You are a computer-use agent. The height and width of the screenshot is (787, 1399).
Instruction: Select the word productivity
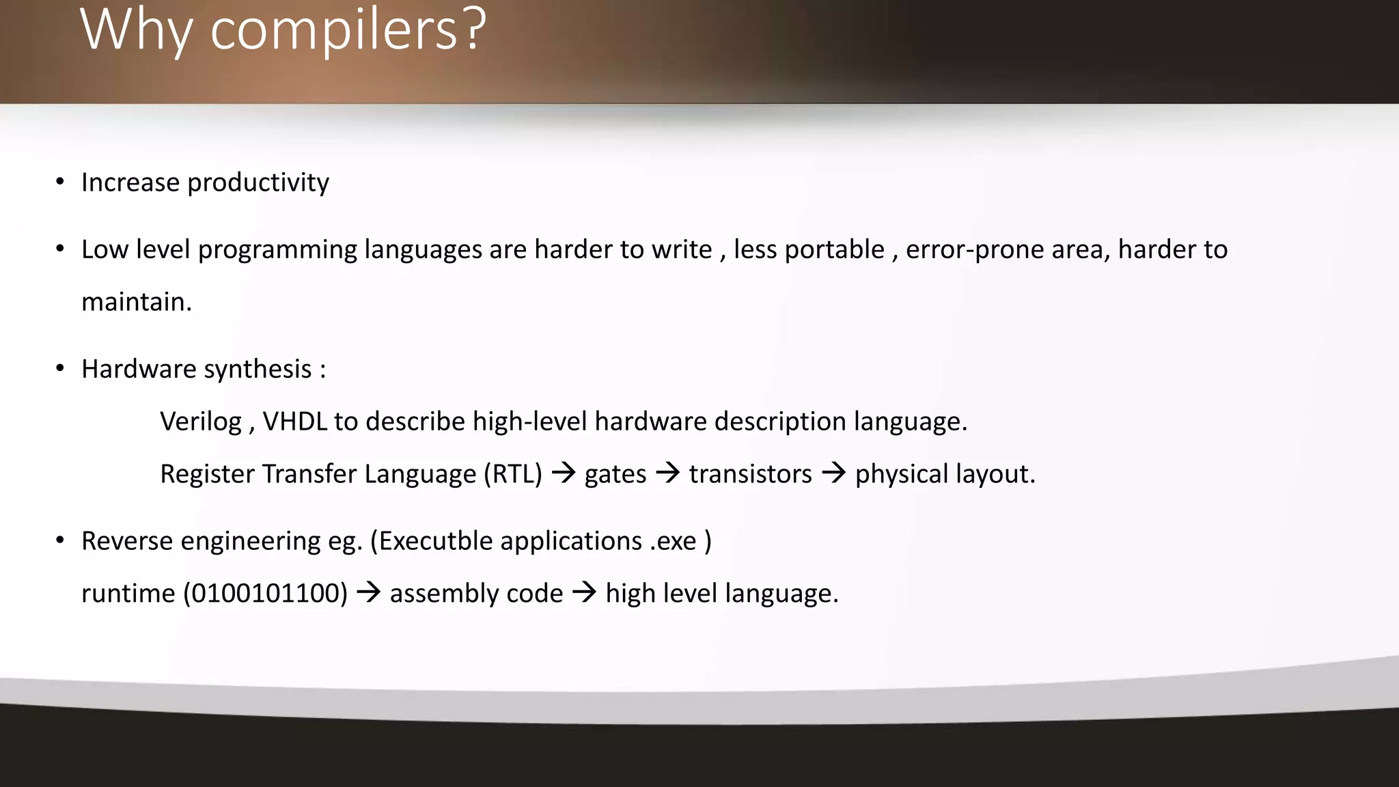[258, 183]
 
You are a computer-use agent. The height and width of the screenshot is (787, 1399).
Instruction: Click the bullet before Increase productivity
[60, 182]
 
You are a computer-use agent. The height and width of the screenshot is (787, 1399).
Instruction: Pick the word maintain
[136, 302]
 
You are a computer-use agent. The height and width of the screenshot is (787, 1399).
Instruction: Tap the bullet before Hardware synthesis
[60, 369]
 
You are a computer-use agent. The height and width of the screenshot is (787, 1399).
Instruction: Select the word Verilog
[201, 422]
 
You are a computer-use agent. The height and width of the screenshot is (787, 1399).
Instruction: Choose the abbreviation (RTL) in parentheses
[512, 474]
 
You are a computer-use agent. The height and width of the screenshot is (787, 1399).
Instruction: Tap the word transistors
[750, 474]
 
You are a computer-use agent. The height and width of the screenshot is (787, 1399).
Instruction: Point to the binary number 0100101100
[266, 594]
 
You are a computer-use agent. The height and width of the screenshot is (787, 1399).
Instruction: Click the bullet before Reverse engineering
[60, 541]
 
